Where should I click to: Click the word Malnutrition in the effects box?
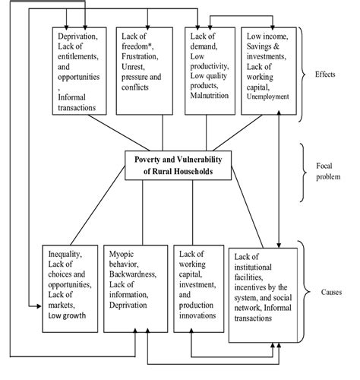pyautogui.click(x=210, y=96)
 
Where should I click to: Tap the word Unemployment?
pyautogui.click(x=267, y=97)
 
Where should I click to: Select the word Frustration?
pyautogui.click(x=140, y=56)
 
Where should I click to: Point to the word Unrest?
pyautogui.click(x=133, y=67)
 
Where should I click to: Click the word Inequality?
pyautogui.click(x=65, y=254)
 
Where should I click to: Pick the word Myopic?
pyautogui.click(x=122, y=255)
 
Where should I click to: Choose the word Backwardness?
pyautogui.click(x=133, y=274)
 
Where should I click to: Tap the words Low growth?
pyautogui.click(x=67, y=315)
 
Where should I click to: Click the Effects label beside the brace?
pyautogui.click(x=325, y=74)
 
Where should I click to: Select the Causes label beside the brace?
pyautogui.click(x=331, y=292)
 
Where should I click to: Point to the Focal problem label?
pyautogui.click(x=328, y=171)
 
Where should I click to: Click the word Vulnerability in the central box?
pyautogui.click(x=199, y=160)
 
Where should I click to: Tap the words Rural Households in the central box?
pyautogui.click(x=182, y=172)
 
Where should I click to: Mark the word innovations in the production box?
pyautogui.click(x=197, y=315)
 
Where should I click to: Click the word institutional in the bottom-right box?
pyautogui.click(x=253, y=268)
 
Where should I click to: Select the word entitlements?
pyautogui.click(x=78, y=56)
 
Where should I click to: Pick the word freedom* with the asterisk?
pyautogui.click(x=137, y=46)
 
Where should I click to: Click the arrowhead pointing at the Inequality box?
pyautogui.click(x=39, y=306)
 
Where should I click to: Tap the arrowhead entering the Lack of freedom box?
pyautogui.click(x=147, y=27)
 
